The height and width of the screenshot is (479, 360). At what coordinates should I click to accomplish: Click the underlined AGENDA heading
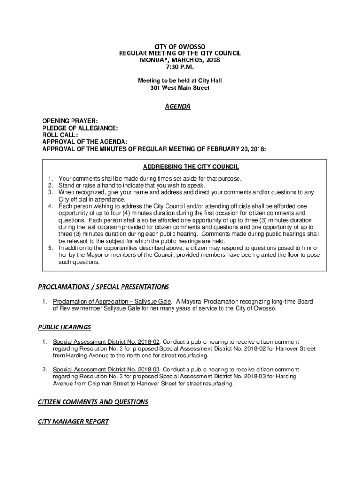click(x=177, y=106)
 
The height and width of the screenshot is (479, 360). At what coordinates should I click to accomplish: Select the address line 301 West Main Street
click(x=180, y=87)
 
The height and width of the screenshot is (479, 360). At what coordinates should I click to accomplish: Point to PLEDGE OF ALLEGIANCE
click(x=80, y=128)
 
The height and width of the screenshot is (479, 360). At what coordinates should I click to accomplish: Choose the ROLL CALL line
click(x=60, y=135)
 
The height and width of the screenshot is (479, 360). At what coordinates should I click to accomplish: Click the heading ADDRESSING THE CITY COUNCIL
click(x=191, y=167)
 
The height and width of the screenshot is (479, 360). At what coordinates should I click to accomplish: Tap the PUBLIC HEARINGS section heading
click(x=64, y=327)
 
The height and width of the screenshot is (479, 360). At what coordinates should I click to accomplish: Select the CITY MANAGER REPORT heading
click(x=73, y=421)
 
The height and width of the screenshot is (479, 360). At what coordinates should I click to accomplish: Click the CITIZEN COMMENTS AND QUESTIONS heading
click(x=93, y=402)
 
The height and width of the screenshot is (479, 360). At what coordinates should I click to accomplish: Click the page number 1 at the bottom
click(x=180, y=451)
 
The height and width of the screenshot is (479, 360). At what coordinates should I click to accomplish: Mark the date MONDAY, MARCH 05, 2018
click(x=180, y=60)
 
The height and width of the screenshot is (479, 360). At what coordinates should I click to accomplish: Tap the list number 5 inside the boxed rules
click(x=50, y=247)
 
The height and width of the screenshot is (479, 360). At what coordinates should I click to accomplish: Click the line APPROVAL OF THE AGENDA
click(x=85, y=142)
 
